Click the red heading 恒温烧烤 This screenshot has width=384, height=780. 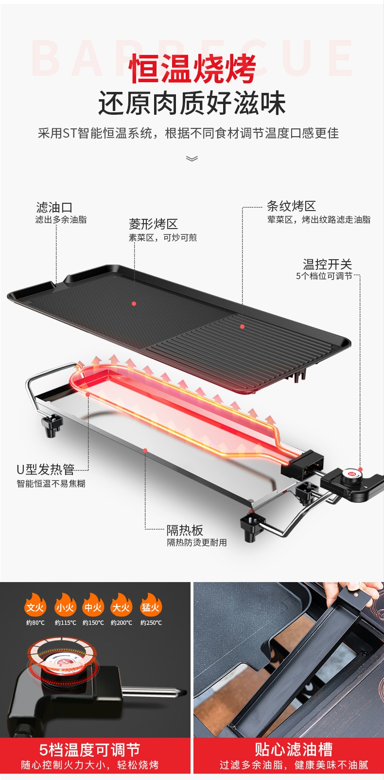point(192,69)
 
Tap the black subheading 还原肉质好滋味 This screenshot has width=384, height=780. point(192,103)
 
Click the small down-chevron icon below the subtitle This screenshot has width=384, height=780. point(192,159)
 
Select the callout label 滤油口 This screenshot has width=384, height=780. point(54,208)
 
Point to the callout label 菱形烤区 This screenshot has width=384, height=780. point(153,224)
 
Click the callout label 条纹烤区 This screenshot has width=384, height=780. point(291,206)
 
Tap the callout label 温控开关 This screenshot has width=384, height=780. point(327,264)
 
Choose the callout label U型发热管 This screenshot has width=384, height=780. point(45,470)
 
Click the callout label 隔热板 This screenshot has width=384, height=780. point(185,530)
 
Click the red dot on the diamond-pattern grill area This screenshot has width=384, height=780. point(134,303)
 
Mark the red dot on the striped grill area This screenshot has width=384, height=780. point(242,327)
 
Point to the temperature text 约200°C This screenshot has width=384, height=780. point(122,623)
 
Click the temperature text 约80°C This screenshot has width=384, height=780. point(35,623)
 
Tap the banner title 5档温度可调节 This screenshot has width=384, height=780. point(89,750)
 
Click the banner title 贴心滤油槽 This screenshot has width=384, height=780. point(294,749)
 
